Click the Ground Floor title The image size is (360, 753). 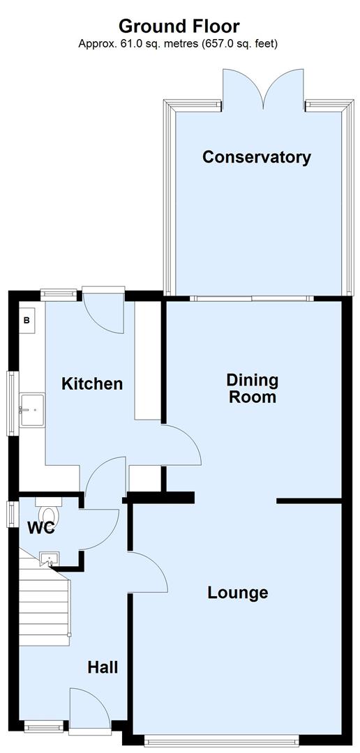coord(179,26)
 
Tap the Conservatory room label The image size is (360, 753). coord(256,157)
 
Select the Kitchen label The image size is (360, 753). coord(92,383)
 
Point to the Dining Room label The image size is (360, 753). coord(252,389)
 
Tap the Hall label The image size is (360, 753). coord(102,667)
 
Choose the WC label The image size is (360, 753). coord(40,528)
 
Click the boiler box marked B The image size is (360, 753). coord(27,321)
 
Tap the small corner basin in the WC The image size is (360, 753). coord(50,557)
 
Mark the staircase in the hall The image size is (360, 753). coord(43,600)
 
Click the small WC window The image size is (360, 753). coord(10,514)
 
